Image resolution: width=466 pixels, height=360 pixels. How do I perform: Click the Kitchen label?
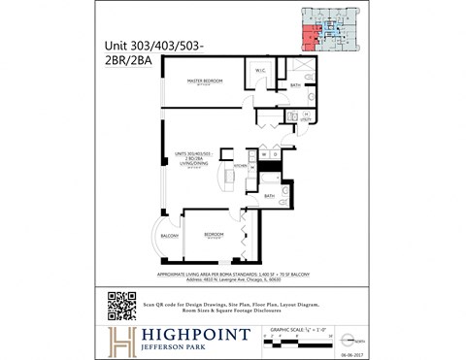(x=240, y=165)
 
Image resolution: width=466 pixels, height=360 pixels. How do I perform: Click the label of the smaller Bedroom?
(x=215, y=234)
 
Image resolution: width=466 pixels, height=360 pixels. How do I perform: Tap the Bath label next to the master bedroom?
(x=293, y=85)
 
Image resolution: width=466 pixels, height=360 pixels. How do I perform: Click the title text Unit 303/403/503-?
(x=160, y=43)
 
